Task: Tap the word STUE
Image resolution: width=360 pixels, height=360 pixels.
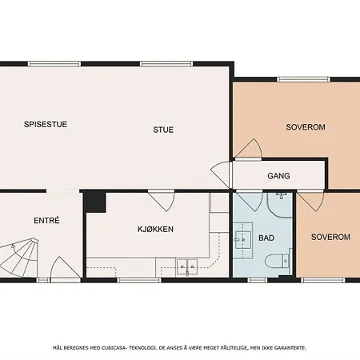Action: coord(163,130)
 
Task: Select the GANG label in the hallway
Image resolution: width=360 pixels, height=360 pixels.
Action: coord(278,176)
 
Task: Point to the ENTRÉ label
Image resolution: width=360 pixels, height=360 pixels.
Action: coord(46,221)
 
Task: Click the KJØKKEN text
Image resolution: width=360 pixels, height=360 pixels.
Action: coord(155,229)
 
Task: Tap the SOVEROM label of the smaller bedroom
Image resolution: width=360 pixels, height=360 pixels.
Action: coord(330,238)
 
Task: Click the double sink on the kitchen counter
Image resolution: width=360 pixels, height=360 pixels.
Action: coord(188,266)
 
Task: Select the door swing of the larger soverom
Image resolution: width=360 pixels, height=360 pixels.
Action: coord(248,148)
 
